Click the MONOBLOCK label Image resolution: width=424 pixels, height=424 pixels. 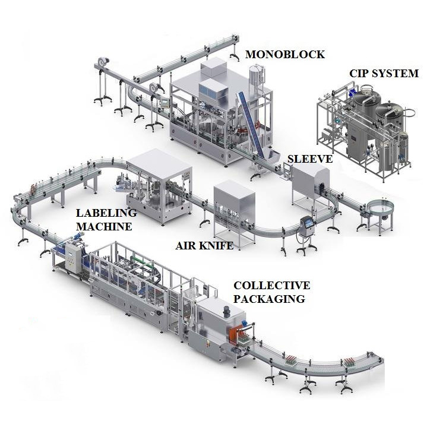click(x=285, y=55)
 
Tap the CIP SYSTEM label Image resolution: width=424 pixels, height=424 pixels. click(x=384, y=74)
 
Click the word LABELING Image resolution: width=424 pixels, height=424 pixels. click(x=106, y=213)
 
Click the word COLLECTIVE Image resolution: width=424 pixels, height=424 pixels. click(x=271, y=286)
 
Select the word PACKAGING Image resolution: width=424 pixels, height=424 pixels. click(x=269, y=299)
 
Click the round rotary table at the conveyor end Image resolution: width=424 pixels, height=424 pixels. click(x=381, y=208)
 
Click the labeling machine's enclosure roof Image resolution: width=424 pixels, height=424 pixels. click(x=153, y=161)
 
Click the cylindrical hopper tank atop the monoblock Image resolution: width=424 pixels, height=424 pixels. click(x=256, y=77)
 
